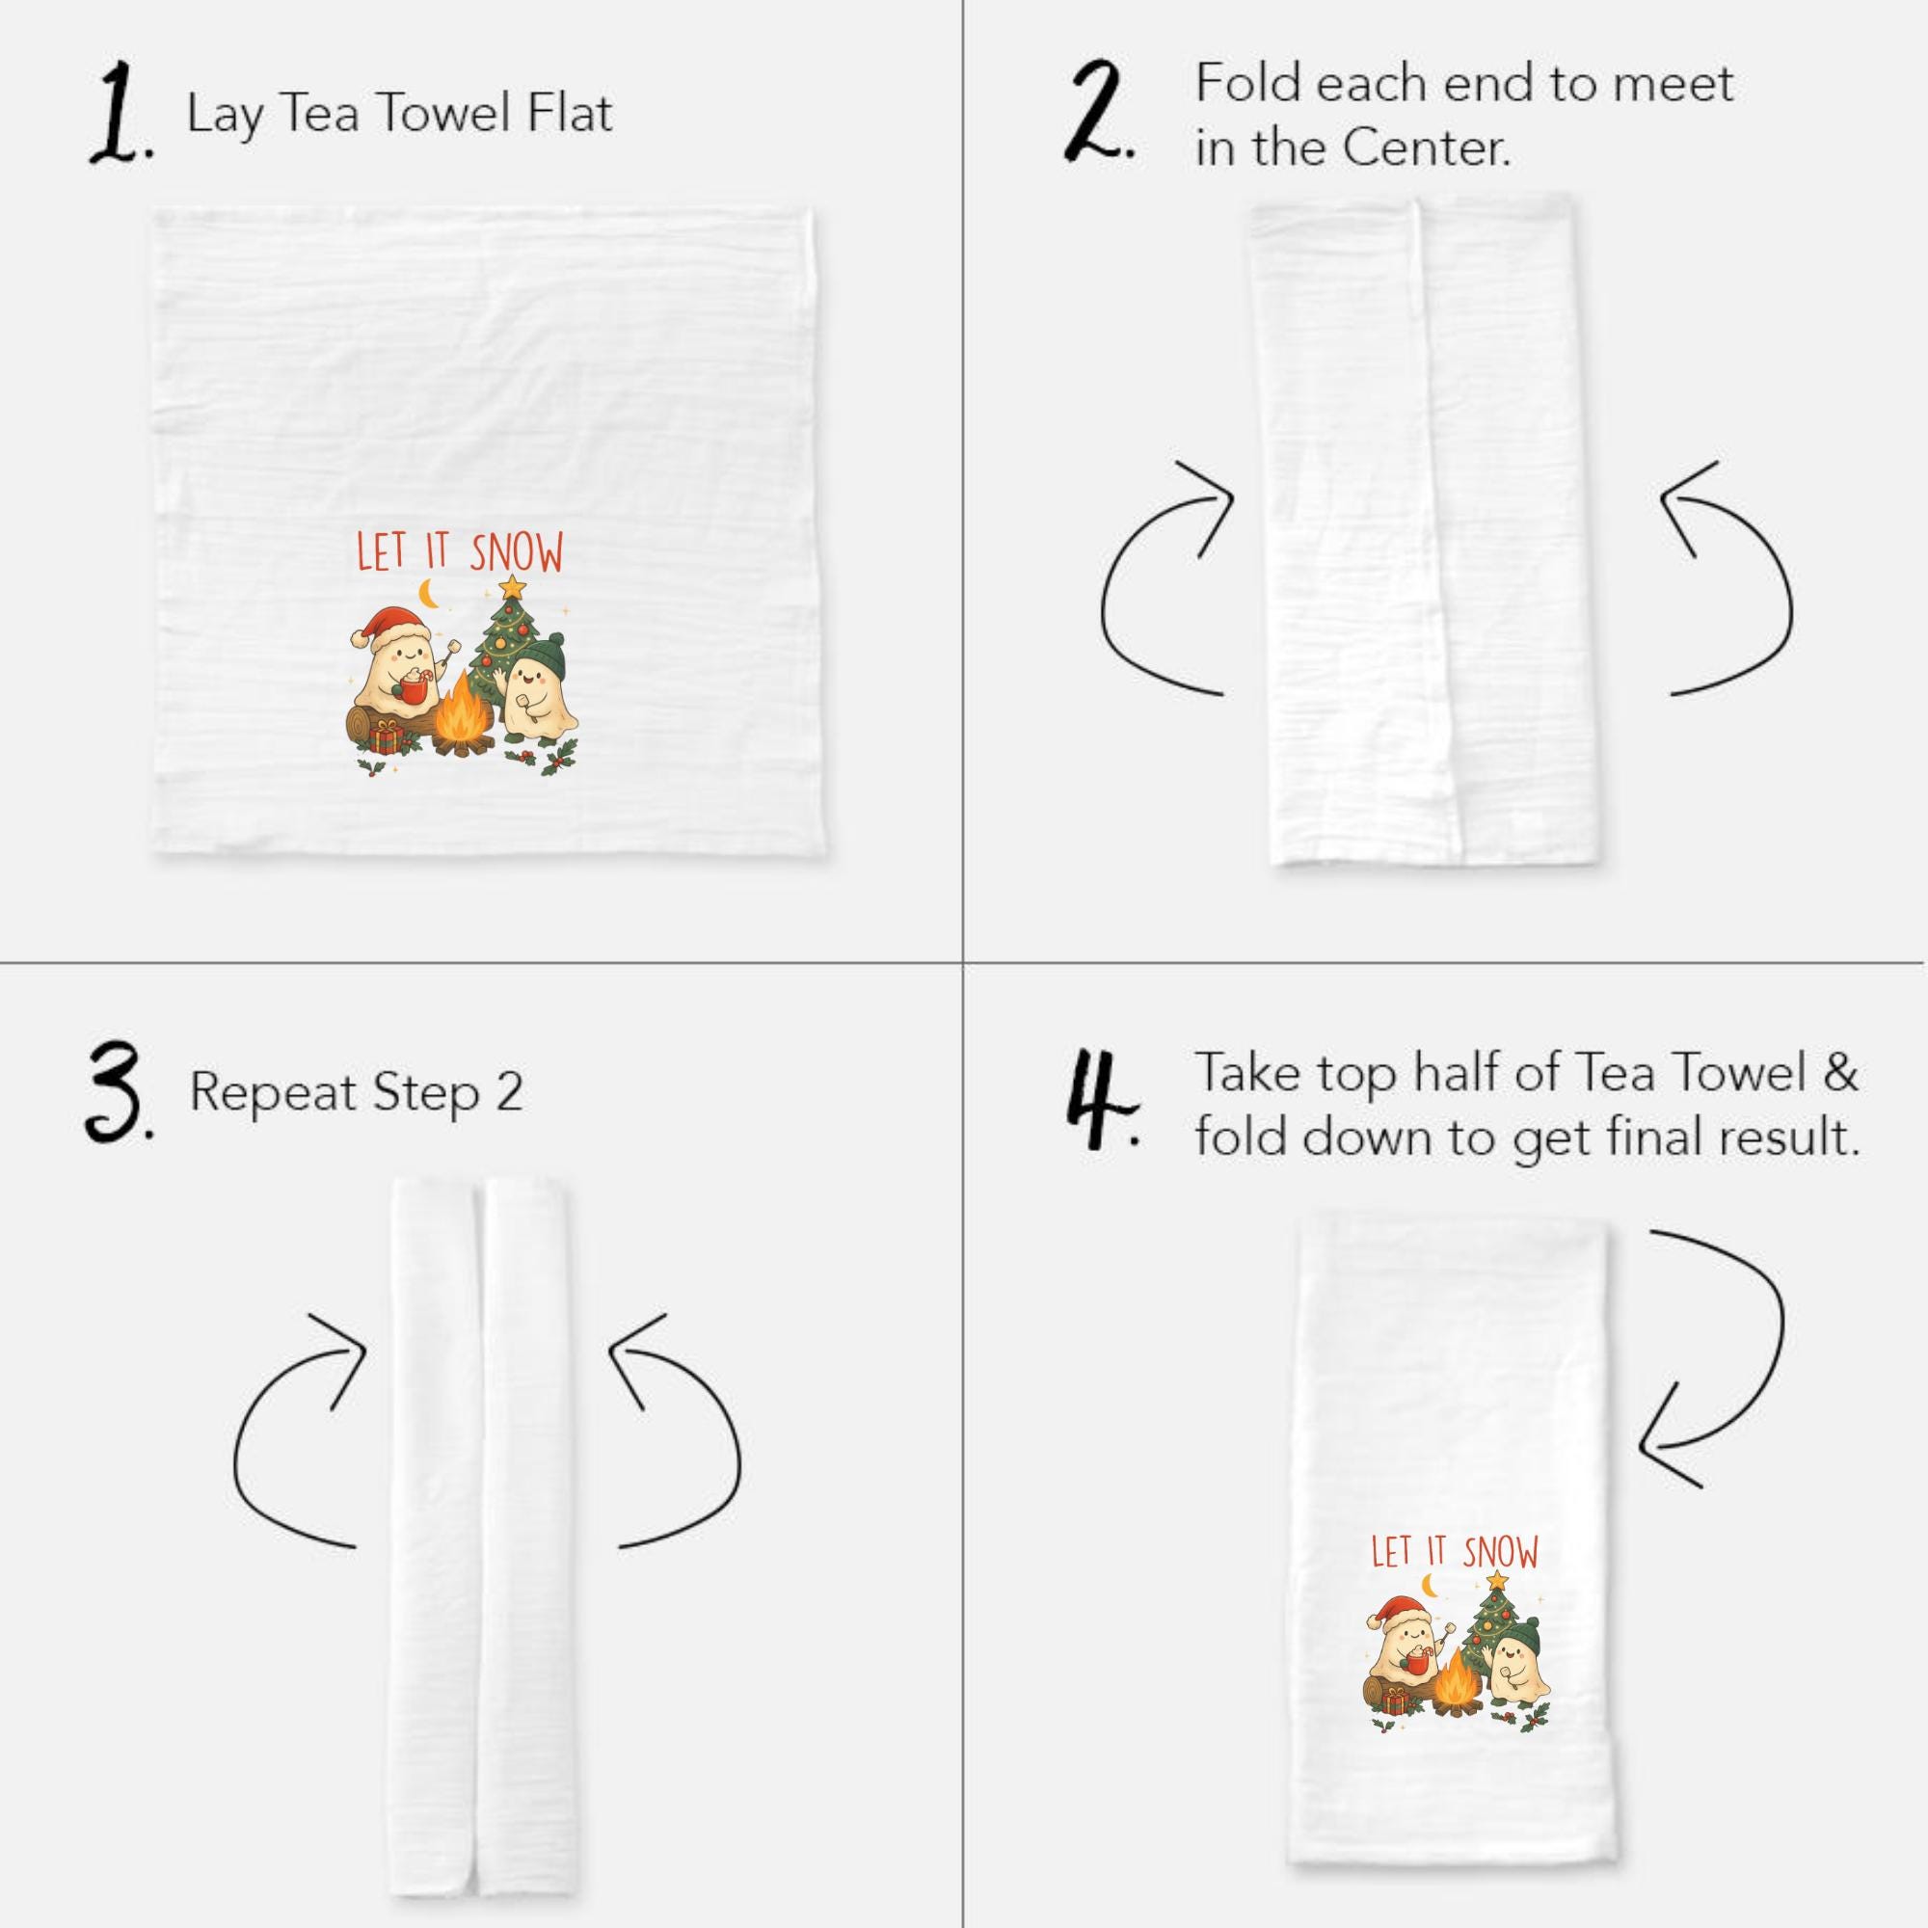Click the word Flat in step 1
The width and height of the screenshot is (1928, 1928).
click(x=571, y=112)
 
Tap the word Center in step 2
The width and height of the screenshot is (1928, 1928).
click(x=1426, y=148)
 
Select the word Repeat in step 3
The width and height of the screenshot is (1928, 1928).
click(x=272, y=1094)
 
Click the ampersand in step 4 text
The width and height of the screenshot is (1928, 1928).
click(x=1840, y=1073)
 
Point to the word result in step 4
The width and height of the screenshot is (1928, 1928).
click(x=1791, y=1137)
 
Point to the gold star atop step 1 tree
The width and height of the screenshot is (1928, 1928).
click(x=512, y=586)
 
